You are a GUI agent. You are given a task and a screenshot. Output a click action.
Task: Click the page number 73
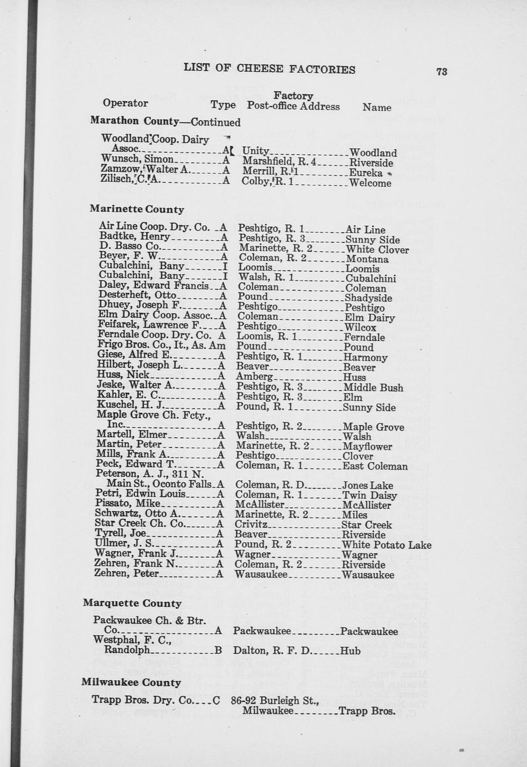[x=442, y=71]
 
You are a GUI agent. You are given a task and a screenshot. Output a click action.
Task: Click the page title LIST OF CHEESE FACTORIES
[x=270, y=69]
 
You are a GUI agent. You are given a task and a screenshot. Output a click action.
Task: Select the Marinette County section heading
[x=137, y=210]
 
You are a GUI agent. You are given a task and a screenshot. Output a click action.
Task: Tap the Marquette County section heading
[x=132, y=603]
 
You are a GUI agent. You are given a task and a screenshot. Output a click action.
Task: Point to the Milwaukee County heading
[x=131, y=682]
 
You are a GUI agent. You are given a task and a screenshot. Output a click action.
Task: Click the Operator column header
[x=125, y=103]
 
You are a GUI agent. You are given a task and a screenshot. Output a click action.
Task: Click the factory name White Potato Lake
[x=386, y=545]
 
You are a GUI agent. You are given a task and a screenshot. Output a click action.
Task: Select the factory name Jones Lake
[x=367, y=486]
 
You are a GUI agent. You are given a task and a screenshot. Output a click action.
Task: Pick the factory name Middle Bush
[x=374, y=388]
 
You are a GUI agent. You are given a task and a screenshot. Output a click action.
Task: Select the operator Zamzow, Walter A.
[x=147, y=170]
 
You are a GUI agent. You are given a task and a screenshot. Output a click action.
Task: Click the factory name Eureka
[x=366, y=173]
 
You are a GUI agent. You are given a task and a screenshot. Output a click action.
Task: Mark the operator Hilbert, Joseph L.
[x=140, y=365]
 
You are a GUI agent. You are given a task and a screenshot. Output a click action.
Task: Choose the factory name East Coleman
[x=375, y=467]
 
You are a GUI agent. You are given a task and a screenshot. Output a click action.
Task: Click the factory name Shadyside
[x=368, y=298]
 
